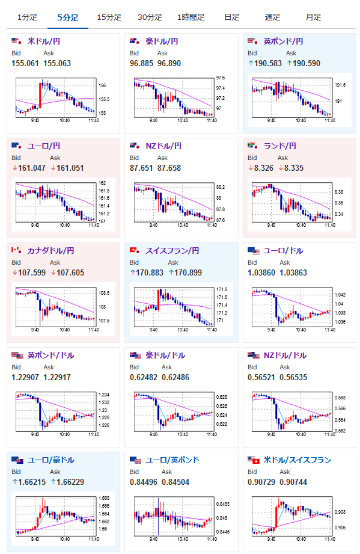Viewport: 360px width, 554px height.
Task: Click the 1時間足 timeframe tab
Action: click(x=191, y=17)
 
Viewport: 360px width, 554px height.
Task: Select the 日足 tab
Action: click(x=231, y=17)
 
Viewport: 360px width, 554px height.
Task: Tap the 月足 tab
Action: click(x=313, y=17)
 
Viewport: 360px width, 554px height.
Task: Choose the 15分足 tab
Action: click(x=109, y=17)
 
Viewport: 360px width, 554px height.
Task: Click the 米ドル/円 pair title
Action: click(x=44, y=41)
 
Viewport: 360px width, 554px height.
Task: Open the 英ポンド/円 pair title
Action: click(x=284, y=41)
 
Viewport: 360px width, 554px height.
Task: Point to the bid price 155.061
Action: click(x=25, y=64)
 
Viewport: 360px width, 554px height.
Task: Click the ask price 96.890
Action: click(x=169, y=64)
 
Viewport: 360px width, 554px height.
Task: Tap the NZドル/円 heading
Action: click(x=163, y=146)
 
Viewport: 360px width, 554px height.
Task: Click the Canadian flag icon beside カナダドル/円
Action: click(x=16, y=250)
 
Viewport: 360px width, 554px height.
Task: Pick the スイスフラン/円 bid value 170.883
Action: click(x=150, y=272)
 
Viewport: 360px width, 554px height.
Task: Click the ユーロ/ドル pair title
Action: click(x=284, y=250)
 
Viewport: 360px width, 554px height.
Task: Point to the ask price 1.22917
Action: click(x=57, y=377)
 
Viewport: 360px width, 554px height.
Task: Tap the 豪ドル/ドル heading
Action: click(x=165, y=355)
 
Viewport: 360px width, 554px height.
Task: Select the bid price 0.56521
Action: click(x=261, y=377)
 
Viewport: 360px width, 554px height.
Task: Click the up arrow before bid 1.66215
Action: click(x=15, y=482)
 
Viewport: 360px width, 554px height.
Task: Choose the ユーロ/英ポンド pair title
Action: click(x=172, y=460)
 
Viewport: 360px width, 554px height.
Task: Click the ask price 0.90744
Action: click(x=293, y=482)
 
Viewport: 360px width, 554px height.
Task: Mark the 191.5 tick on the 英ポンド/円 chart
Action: click(x=340, y=85)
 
